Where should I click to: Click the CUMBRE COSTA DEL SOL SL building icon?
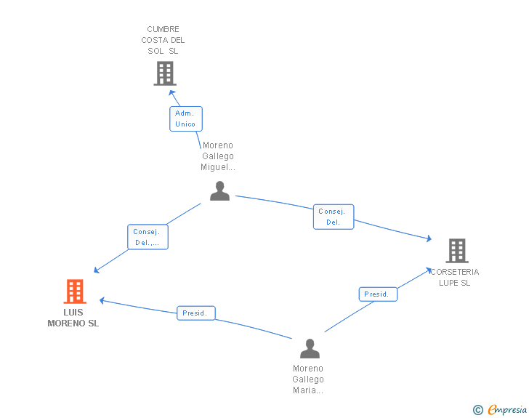pos(165,73)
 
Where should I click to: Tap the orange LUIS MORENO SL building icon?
pos(75,292)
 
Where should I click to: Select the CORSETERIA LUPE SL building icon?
pos(457,251)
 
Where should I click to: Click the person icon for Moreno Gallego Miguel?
pos(219,191)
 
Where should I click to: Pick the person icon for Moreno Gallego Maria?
pos(310,348)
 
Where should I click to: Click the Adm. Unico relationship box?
pos(185,118)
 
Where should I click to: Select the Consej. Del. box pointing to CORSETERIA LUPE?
pos(334,217)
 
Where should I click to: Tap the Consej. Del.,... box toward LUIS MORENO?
pos(148,237)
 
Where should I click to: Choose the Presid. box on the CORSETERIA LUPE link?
pos(378,294)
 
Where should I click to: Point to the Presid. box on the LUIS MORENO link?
pos(196,313)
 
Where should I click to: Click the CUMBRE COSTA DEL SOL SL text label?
pos(163,41)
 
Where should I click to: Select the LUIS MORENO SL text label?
pos(73,318)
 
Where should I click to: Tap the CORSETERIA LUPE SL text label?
pos(455,278)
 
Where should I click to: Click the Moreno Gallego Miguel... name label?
pos(218,156)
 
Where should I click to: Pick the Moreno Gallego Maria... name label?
pos(308,379)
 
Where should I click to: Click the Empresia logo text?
pos(507,410)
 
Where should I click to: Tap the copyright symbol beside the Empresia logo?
pos(478,411)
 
